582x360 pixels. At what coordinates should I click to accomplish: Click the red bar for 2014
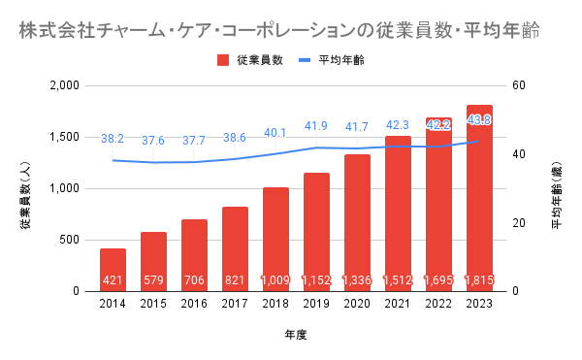pyautogui.click(x=113, y=270)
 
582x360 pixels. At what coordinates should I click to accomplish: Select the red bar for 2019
pyautogui.click(x=316, y=232)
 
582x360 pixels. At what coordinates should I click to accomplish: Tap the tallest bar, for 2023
pyautogui.click(x=479, y=198)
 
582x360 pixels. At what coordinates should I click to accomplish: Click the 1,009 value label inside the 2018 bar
pyautogui.click(x=275, y=279)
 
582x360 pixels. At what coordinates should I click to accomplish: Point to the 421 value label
pyautogui.click(x=113, y=279)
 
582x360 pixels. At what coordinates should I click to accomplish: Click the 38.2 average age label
pyautogui.click(x=113, y=139)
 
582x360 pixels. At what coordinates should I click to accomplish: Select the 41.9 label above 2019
pyautogui.click(x=316, y=126)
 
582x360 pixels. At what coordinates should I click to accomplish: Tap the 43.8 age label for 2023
pyautogui.click(x=479, y=120)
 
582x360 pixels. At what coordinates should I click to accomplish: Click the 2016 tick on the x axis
pyautogui.click(x=194, y=304)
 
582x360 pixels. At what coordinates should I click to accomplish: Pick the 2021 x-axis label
pyautogui.click(x=398, y=304)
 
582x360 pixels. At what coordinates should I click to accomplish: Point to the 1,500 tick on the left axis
pyautogui.click(x=65, y=138)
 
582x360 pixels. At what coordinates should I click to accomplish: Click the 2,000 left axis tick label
pyautogui.click(x=65, y=85)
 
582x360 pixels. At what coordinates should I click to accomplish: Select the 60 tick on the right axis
pyautogui.click(x=519, y=85)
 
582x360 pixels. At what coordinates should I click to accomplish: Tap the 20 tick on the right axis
pyautogui.click(x=519, y=223)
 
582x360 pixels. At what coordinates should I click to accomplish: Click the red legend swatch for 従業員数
pyautogui.click(x=223, y=60)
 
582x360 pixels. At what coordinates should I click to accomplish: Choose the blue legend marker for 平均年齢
pyautogui.click(x=305, y=60)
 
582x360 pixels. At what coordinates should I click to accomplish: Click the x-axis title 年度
pyautogui.click(x=296, y=335)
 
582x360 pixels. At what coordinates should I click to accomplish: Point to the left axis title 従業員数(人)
pyautogui.click(x=25, y=195)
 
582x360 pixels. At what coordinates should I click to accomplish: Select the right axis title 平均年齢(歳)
pyautogui.click(x=557, y=195)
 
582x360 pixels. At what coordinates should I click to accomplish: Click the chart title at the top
pyautogui.click(x=279, y=30)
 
